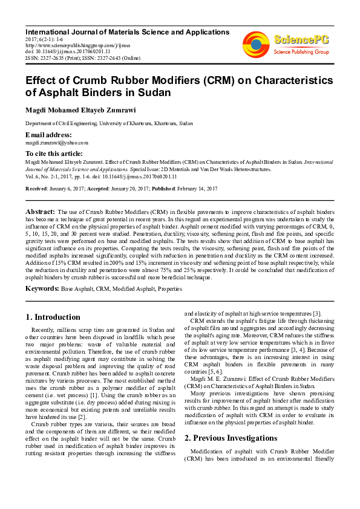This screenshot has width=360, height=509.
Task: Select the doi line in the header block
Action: click(x=63, y=51)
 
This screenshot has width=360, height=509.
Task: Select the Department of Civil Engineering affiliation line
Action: click(x=109, y=123)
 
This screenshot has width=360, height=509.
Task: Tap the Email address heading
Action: click(x=48, y=134)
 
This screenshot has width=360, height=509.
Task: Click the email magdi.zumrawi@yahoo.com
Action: click(x=56, y=143)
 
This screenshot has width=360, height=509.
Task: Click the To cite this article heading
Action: click(x=53, y=154)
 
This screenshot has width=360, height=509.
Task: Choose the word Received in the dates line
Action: click(x=37, y=189)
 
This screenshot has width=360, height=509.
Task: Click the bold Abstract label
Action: click(x=40, y=212)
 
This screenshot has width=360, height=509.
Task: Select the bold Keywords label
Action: click(x=42, y=289)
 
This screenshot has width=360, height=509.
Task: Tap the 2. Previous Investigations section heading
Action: click(x=231, y=437)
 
